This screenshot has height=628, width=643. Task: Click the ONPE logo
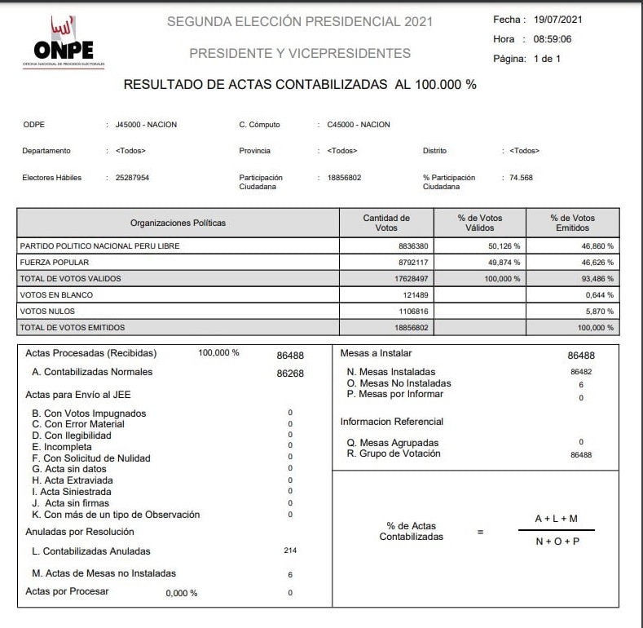click(x=64, y=42)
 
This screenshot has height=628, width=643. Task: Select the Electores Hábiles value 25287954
click(x=133, y=177)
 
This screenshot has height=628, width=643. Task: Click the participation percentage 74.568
click(x=520, y=177)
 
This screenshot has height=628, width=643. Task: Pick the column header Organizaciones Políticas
click(x=178, y=223)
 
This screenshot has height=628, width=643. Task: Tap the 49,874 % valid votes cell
click(x=504, y=263)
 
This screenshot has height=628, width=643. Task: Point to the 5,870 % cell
click(x=599, y=311)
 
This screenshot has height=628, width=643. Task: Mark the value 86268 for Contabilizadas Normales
click(x=291, y=373)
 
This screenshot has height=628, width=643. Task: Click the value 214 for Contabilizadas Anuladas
click(x=290, y=551)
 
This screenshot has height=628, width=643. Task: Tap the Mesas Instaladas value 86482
click(x=581, y=372)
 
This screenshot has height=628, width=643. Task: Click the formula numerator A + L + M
click(x=557, y=519)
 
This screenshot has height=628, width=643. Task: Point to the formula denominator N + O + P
click(x=557, y=541)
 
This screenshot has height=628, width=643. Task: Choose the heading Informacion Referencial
click(x=391, y=422)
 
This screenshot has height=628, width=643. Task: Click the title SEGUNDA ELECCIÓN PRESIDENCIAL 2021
click(x=300, y=21)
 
